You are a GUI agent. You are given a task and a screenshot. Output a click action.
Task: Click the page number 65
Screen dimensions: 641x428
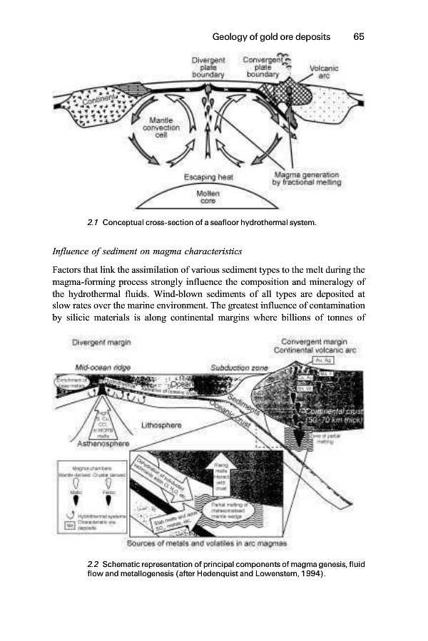coord(359,36)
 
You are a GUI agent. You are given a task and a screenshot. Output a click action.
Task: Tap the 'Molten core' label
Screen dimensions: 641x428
coord(208,197)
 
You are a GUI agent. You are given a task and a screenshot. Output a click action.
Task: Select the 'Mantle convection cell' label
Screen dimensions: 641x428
coord(165,127)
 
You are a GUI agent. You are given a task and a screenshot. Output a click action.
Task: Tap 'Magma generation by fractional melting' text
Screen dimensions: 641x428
coord(307,178)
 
